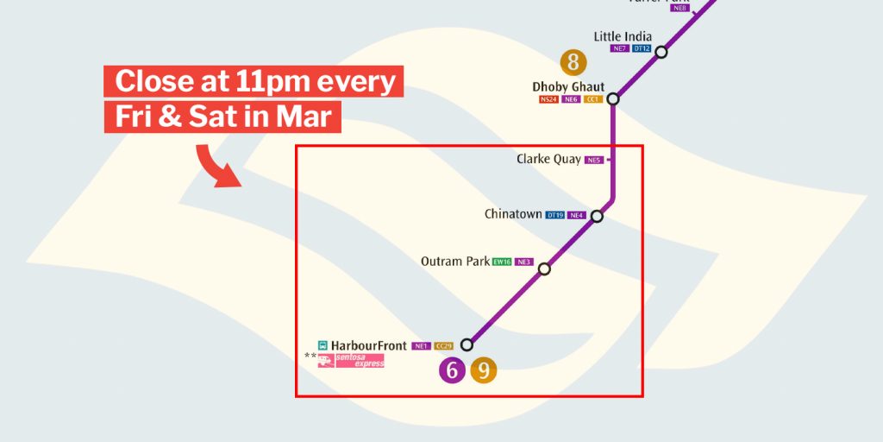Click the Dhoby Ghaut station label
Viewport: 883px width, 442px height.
tap(568, 87)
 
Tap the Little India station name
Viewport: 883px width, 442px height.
tap(623, 36)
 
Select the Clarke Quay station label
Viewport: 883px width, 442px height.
tap(548, 159)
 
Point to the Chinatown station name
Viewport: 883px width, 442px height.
tap(513, 214)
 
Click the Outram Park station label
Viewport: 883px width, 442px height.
tap(454, 261)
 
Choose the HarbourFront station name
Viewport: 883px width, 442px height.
tap(368, 345)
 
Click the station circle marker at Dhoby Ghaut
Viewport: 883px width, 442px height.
tap(614, 99)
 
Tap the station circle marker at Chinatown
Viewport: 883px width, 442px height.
tap(597, 216)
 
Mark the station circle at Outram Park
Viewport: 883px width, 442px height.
tap(544, 268)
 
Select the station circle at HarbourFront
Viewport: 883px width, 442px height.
tap(467, 344)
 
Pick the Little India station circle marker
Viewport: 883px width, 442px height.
tap(661, 52)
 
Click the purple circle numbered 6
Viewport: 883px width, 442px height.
tap(451, 370)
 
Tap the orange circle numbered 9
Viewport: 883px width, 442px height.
tap(484, 370)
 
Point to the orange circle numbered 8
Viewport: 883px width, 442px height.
tap(573, 62)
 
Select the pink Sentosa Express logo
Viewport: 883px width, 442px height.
tap(351, 361)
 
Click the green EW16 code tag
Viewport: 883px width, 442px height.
tap(502, 262)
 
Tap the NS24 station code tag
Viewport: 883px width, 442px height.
tap(548, 100)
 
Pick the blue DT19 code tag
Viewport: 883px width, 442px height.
tap(555, 215)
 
